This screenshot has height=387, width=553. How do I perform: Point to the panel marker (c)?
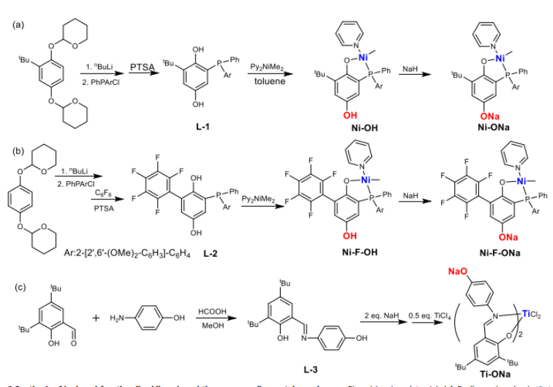[x=18, y=287]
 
